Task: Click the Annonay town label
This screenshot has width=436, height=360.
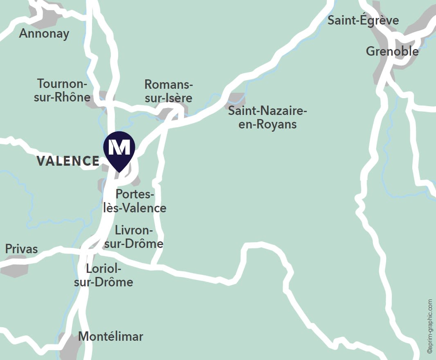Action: pos(44,34)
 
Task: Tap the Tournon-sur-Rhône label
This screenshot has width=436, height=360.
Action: pos(64,90)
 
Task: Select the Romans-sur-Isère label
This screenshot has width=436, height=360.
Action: pos(168,91)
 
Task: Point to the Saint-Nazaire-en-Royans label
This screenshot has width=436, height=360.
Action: pos(267,117)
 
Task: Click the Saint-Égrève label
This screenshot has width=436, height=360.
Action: pos(363,20)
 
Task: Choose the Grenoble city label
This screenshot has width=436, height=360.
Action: pos(392,52)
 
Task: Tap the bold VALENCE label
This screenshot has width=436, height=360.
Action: pos(68,161)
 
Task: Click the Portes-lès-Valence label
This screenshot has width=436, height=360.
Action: pos(135,201)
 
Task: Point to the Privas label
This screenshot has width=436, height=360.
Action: pos(21,249)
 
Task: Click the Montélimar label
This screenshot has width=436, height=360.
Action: pos(110,337)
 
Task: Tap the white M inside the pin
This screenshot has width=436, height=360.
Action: pos(119,146)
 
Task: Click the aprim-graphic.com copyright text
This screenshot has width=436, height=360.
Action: pos(429,326)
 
